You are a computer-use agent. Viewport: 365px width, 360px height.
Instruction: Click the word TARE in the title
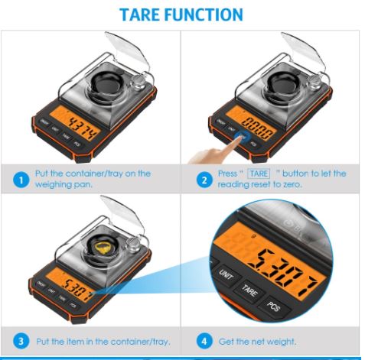point(140,15)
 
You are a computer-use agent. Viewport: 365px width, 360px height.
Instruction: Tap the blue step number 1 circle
point(21,180)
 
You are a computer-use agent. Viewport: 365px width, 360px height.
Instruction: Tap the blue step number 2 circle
point(204,180)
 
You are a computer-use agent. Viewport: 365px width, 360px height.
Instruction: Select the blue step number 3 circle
point(21,341)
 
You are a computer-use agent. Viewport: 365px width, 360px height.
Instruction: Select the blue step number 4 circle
point(204,341)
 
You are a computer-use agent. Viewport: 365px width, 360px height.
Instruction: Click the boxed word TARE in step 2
point(259,174)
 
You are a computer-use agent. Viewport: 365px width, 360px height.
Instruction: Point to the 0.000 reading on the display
point(259,128)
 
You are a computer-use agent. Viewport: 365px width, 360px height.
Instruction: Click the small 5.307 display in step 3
point(77,287)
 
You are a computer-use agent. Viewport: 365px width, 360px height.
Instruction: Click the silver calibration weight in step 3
point(132,245)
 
